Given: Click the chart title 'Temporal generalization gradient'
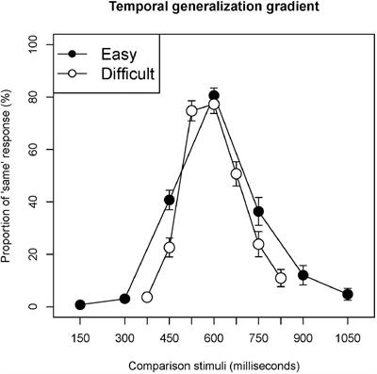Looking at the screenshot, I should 214,9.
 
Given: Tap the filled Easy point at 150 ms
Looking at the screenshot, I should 80,304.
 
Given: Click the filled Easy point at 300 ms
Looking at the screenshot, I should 124,299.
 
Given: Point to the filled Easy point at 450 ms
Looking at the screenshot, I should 170,200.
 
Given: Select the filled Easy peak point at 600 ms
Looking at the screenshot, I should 214,95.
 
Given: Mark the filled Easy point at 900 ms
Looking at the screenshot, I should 303,275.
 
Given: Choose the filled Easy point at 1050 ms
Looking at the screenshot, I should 348,294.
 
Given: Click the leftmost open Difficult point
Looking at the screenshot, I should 147,297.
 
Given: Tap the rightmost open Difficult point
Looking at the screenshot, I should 281,278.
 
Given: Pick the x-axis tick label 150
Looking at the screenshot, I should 80,336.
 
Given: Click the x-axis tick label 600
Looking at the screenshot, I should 214,336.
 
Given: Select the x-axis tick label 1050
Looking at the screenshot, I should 348,336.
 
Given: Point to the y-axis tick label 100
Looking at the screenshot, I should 33,43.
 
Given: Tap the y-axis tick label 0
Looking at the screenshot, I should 33,307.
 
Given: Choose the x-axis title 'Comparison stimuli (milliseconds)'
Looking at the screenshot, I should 214,363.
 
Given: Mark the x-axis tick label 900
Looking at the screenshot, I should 303,336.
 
